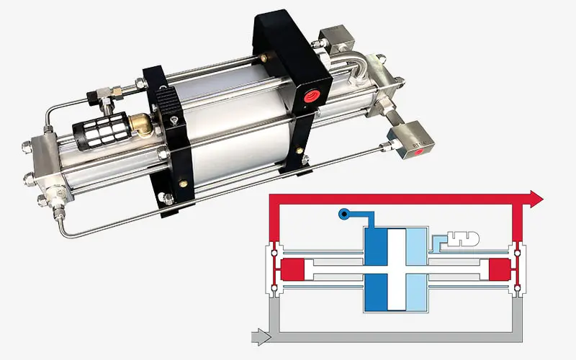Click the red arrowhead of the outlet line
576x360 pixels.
535,197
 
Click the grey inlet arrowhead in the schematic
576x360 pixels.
261,335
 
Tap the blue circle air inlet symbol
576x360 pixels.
343,213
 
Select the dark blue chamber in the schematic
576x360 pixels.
375,269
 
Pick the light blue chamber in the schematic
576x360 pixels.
417,269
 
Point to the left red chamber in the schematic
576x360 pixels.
291,270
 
